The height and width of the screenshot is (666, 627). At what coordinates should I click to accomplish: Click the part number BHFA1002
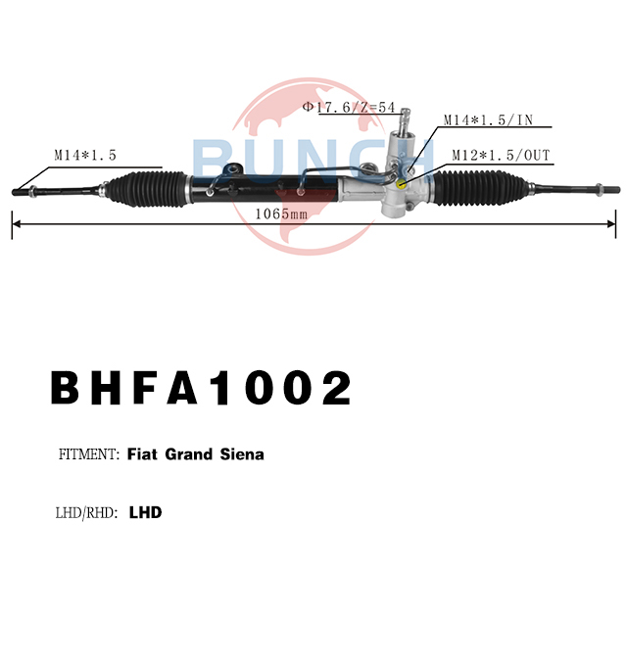[x=201, y=388]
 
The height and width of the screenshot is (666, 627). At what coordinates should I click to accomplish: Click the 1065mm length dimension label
[x=281, y=214]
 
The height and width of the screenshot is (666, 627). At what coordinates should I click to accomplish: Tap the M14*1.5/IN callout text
[x=488, y=120]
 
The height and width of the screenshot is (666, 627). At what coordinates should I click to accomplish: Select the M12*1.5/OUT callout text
[x=501, y=156]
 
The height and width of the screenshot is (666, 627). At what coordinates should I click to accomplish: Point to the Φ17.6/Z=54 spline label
[x=349, y=107]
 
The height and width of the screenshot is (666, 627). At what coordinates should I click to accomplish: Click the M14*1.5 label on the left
[x=85, y=156]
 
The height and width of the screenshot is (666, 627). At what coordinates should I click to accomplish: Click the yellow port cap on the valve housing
[x=401, y=184]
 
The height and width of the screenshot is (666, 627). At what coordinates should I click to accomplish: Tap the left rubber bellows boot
[x=147, y=189]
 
